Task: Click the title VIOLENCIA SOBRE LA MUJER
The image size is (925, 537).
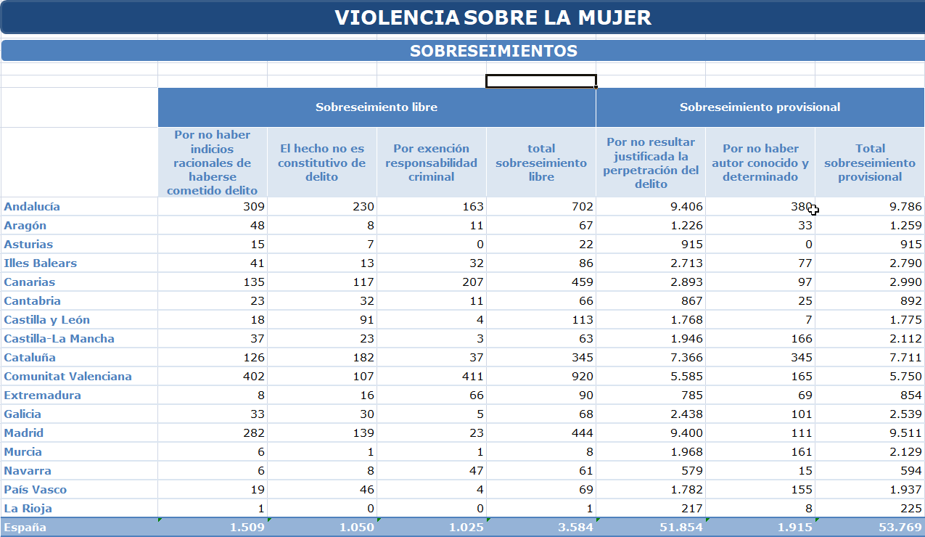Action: point(493,17)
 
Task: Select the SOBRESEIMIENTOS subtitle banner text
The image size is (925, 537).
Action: point(493,51)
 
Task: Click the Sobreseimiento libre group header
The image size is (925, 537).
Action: point(377,107)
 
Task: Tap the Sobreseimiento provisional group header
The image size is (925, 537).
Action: point(760,107)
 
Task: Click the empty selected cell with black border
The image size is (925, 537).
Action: point(541,81)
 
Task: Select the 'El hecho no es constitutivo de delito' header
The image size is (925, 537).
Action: point(321,163)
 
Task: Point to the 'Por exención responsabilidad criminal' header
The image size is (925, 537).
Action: point(431,163)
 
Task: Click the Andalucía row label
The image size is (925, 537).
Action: point(32,206)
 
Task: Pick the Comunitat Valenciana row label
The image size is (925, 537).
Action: point(67,377)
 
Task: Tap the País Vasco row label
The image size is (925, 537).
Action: point(35,490)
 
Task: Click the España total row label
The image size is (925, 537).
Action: point(25,528)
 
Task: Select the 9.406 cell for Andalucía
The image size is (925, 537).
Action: point(686,206)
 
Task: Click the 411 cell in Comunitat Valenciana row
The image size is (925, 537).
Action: point(472,377)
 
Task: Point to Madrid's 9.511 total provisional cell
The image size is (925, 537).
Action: point(905,433)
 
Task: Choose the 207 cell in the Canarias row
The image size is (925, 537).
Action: point(472,282)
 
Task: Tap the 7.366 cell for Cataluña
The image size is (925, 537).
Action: point(686,357)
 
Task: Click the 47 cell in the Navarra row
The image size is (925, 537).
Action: point(476,470)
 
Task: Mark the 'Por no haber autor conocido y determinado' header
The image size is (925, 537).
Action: point(760,163)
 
